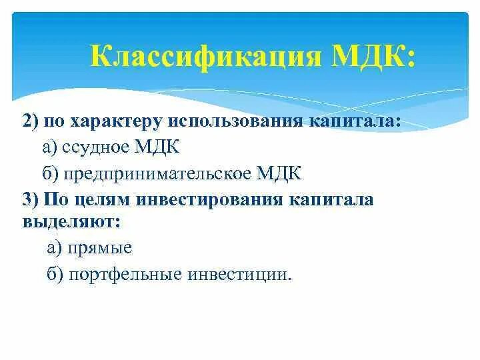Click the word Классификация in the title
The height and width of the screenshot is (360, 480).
[205, 56]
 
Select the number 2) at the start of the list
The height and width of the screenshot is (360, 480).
[30, 122]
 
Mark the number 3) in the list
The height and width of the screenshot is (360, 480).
[31, 200]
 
